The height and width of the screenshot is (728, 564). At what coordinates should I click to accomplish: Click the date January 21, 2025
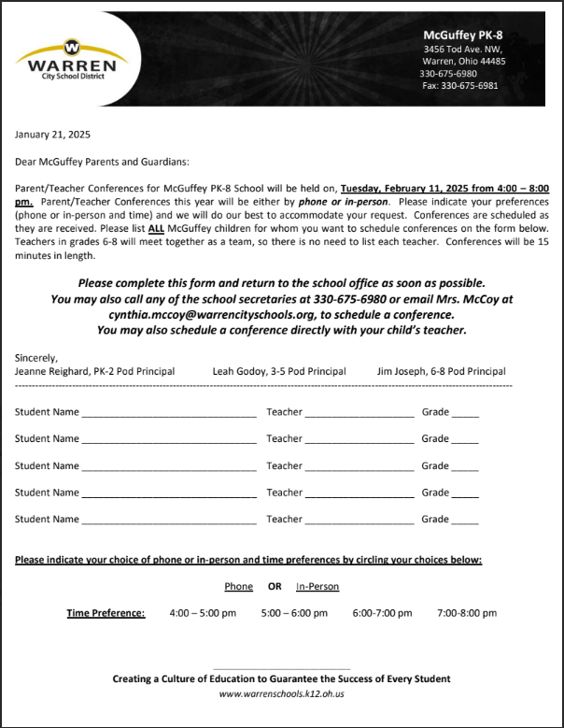(x=52, y=134)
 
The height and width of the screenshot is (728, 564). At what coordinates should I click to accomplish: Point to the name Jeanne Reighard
(x=51, y=371)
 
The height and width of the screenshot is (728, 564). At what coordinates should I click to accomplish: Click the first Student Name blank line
(x=168, y=411)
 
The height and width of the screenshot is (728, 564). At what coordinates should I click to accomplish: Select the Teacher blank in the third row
(x=359, y=465)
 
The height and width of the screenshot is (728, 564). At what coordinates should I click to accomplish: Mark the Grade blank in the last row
(x=465, y=520)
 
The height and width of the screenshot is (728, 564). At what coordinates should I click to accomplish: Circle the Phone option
(x=239, y=587)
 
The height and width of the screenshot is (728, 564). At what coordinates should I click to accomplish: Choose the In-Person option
(x=317, y=587)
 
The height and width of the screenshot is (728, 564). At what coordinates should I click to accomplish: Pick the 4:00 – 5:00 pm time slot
(x=203, y=614)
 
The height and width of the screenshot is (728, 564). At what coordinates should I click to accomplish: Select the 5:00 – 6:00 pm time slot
(x=294, y=614)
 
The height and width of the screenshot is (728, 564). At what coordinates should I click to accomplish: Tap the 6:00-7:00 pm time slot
(x=382, y=614)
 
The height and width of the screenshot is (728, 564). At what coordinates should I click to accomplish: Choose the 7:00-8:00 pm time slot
(x=467, y=614)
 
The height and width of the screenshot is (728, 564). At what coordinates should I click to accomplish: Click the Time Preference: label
(x=106, y=614)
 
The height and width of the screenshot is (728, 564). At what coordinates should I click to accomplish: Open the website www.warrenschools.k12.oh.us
(x=282, y=693)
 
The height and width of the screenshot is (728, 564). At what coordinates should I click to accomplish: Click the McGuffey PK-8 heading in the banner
(x=463, y=35)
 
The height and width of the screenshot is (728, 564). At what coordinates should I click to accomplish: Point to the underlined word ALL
(x=156, y=229)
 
